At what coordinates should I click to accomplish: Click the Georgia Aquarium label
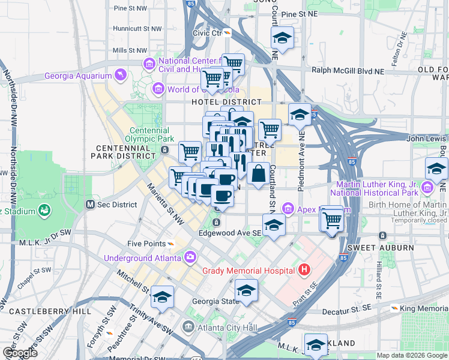(78, 76)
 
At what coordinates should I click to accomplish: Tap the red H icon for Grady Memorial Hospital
(304, 269)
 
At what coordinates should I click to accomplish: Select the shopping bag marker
(258, 174)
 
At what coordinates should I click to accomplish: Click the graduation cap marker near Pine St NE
(282, 39)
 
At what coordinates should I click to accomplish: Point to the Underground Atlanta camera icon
(190, 258)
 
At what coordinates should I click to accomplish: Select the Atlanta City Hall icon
(188, 328)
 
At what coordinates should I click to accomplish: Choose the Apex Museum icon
(288, 209)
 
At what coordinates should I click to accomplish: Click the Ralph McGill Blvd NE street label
(346, 70)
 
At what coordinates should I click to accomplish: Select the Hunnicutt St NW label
(137, 28)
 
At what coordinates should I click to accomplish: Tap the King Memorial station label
(424, 308)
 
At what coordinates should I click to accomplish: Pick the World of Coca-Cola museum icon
(158, 89)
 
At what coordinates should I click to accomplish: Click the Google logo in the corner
(20, 353)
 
